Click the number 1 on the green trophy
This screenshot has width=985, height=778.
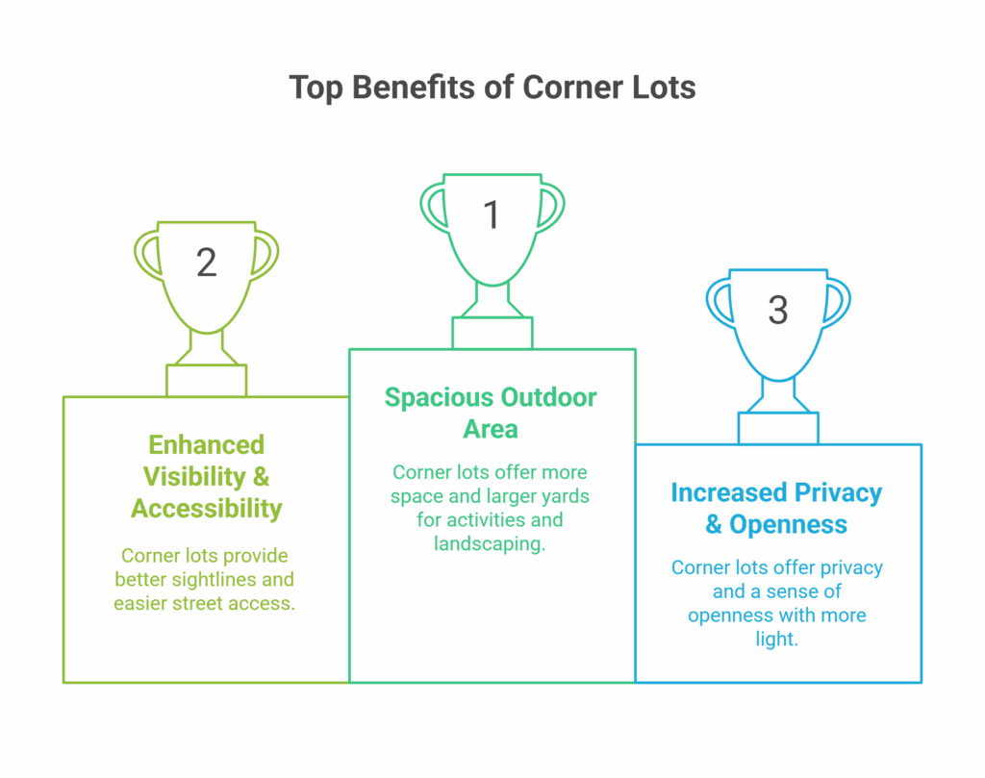(492, 214)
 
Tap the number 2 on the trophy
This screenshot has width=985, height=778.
(206, 263)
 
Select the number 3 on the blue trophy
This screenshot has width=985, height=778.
(777, 311)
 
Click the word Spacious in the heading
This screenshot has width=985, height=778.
(439, 398)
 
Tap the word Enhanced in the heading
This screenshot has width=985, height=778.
(206, 444)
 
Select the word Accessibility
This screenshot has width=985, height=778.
(206, 509)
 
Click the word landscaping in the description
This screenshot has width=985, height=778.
(490, 543)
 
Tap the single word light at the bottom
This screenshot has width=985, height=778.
(776, 640)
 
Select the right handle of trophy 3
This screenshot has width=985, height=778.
(840, 304)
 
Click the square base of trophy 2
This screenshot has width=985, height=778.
(206, 381)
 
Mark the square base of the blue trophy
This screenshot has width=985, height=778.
(778, 428)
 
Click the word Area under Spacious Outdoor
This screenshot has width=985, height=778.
(491, 430)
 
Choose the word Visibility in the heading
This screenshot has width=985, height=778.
(194, 477)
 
